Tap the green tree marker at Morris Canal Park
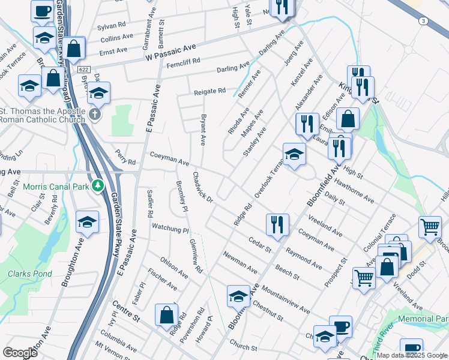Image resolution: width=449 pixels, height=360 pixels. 97,186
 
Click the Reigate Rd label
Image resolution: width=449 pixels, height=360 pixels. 209,91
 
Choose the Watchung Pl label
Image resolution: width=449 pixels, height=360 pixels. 170,229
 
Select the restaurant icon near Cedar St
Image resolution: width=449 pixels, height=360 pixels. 277,225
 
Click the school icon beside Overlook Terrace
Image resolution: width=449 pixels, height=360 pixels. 294,155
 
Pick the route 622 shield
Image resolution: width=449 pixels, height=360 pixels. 84,70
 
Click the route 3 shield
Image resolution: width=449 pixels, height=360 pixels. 424,21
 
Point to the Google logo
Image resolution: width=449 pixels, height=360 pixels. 19,352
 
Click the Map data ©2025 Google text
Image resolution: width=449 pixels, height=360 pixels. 411,355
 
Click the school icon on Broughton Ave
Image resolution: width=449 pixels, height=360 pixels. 87,223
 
